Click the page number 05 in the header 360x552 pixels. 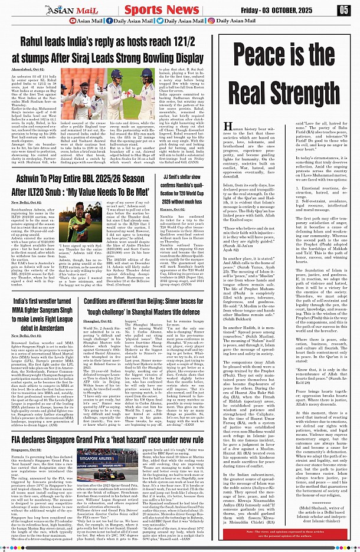coord(343,9)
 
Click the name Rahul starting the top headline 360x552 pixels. coord(35,42)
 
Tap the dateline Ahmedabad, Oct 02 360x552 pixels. coord(36,70)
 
